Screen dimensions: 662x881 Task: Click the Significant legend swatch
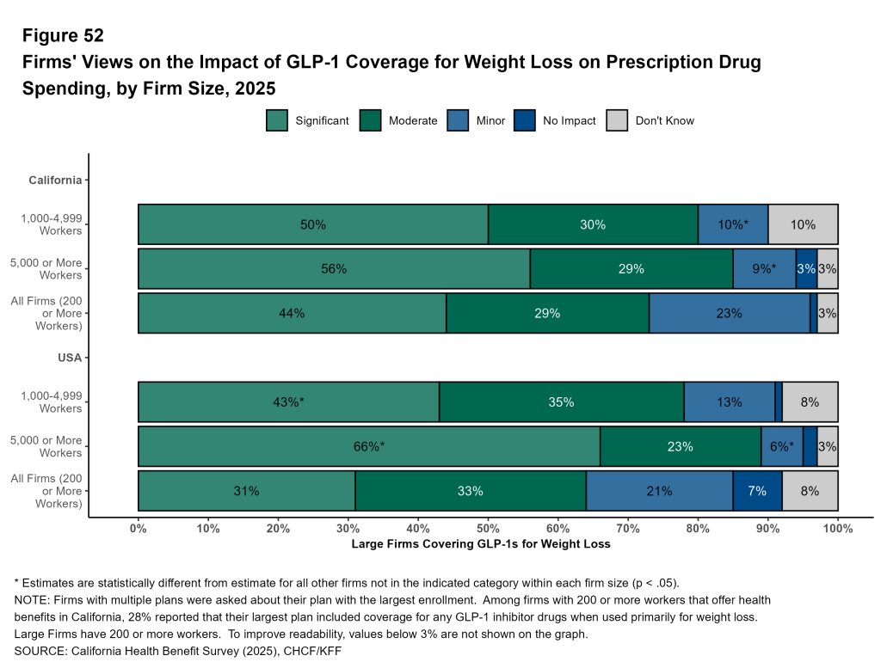(x=277, y=120)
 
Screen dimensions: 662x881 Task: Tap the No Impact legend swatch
(x=525, y=120)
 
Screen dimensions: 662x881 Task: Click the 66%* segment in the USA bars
(x=369, y=446)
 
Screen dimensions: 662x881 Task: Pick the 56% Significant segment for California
(x=334, y=269)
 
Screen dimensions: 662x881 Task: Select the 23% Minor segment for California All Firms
(x=729, y=313)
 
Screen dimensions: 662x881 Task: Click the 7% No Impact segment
(x=757, y=491)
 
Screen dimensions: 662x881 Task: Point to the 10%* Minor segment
(x=733, y=224)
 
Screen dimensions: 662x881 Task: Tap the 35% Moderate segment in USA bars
(x=562, y=401)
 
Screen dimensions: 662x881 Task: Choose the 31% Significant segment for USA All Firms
(x=246, y=491)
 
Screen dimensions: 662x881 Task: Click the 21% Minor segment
(x=659, y=491)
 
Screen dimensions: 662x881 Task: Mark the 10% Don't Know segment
(x=803, y=224)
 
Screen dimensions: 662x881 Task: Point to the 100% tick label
(x=837, y=529)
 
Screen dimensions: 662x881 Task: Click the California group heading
(x=56, y=180)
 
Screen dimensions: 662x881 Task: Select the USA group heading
(x=70, y=358)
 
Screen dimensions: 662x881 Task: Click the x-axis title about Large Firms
(x=481, y=544)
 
